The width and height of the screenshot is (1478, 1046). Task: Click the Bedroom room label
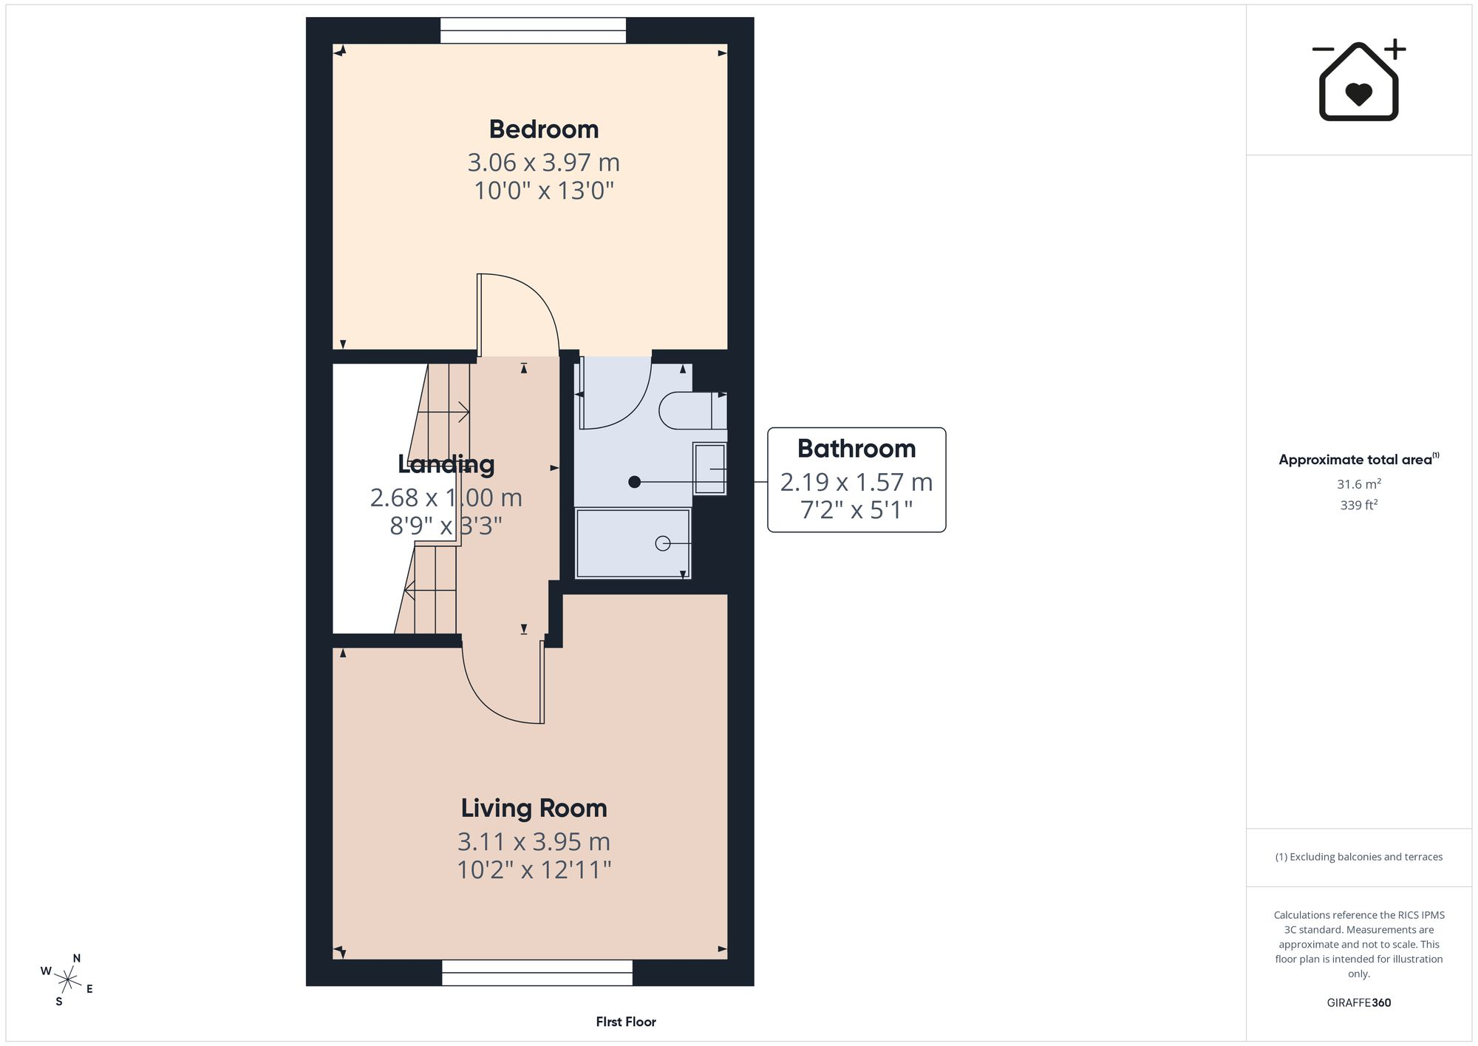[544, 129]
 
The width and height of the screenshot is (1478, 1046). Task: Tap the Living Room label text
[534, 808]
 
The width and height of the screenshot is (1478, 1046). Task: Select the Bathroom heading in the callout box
[857, 449]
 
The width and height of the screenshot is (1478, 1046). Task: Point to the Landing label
[446, 464]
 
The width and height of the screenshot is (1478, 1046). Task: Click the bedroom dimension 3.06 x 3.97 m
[543, 162]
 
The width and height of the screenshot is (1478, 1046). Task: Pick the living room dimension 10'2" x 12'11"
[534, 869]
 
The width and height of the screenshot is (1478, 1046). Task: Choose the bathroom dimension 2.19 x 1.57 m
[857, 482]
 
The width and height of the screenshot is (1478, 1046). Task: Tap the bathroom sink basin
[709, 468]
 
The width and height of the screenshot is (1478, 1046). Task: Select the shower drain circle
[662, 543]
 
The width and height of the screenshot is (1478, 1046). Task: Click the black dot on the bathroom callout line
[634, 482]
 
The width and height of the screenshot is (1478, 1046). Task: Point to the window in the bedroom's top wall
[533, 30]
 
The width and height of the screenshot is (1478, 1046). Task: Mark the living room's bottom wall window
[537, 973]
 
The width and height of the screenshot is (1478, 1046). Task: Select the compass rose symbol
[67, 981]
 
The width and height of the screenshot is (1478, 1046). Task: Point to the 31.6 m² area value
[1359, 484]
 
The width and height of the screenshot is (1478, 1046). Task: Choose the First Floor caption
[626, 1022]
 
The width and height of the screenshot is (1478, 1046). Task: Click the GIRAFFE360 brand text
[1359, 1003]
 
